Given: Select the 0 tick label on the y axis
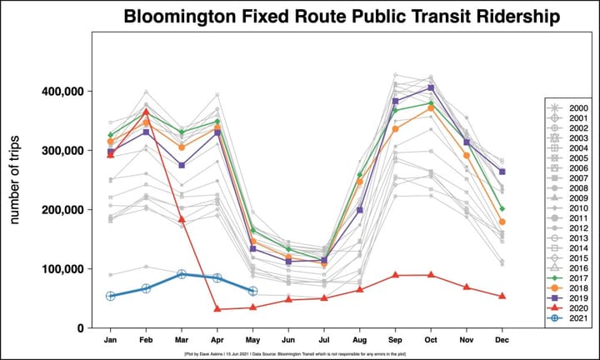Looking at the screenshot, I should [x=81, y=328].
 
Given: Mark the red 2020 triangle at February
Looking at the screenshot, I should [x=146, y=112].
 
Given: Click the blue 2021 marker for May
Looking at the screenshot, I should [x=252, y=291].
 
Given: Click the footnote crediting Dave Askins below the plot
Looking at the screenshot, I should [x=300, y=354].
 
